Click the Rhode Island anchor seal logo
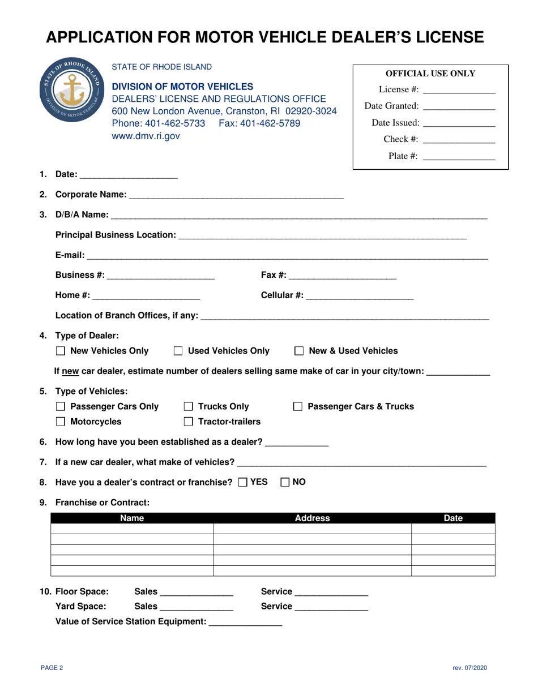(72, 89)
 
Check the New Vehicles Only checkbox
(61, 351)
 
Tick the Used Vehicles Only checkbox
(178, 351)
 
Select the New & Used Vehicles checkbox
(299, 351)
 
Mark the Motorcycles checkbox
(61, 422)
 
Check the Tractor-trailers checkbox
(189, 422)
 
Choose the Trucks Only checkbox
(189, 407)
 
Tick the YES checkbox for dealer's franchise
(243, 483)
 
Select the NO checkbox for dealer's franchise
(285, 483)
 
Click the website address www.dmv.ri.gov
(146, 136)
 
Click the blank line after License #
(459, 91)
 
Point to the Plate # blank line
(459, 157)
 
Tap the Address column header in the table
(312, 518)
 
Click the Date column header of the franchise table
(453, 518)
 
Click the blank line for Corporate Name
(236, 196)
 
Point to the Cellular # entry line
(360, 297)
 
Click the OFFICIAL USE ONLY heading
(430, 74)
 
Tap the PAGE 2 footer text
(52, 668)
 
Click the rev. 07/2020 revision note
(469, 668)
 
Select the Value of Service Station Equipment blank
(245, 622)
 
